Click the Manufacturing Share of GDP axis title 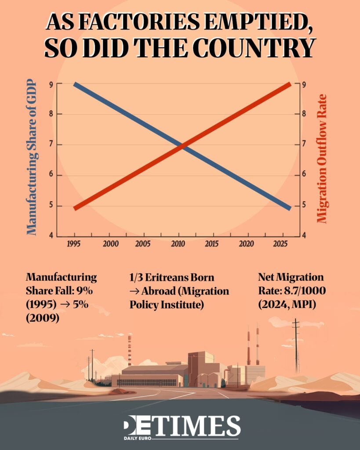coord(32,158)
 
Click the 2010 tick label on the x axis coord(178,243)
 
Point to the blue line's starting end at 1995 coord(75,84)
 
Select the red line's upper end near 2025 coord(289,84)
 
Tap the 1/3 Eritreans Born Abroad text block coord(179,291)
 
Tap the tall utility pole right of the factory coord(296,347)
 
